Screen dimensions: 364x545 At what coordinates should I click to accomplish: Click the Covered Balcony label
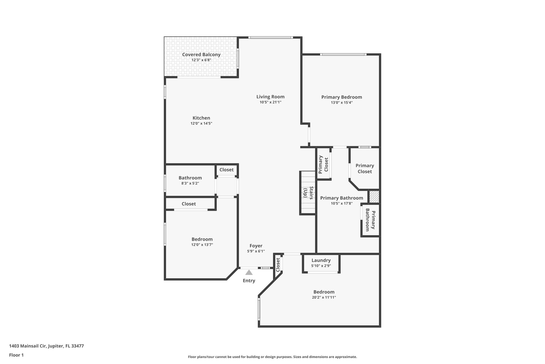[x=201, y=55]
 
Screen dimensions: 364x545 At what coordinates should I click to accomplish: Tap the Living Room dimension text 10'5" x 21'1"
[x=270, y=102]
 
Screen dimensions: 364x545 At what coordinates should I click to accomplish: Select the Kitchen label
[x=201, y=118]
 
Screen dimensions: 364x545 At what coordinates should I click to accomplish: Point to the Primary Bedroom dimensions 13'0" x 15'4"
[x=341, y=102]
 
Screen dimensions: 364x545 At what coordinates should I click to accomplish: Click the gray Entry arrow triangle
[x=249, y=273]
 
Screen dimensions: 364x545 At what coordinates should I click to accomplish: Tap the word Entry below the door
[x=249, y=281]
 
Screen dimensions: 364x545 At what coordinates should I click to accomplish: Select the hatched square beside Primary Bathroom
[x=374, y=197]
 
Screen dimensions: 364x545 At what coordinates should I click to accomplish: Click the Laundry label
[x=321, y=260]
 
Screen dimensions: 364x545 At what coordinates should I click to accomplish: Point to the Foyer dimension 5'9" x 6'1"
[x=256, y=251]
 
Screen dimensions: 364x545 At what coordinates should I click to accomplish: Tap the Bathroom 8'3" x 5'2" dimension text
[x=190, y=183]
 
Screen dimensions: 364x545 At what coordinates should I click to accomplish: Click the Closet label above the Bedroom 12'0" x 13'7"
[x=189, y=204]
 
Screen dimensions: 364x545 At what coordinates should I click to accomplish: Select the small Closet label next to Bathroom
[x=226, y=170]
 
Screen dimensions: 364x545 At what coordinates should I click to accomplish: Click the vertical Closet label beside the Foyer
[x=278, y=265]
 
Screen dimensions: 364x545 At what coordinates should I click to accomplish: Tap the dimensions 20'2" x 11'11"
[x=324, y=297]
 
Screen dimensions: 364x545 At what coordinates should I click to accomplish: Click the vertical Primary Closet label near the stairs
[x=323, y=165]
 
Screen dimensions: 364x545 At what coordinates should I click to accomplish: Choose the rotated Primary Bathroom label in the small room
[x=370, y=220]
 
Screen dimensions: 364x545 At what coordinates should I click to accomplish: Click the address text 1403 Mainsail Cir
[x=28, y=346]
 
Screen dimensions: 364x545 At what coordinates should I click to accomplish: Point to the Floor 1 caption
[x=16, y=355]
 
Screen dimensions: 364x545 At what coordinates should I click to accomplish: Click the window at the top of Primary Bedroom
[x=343, y=55]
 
